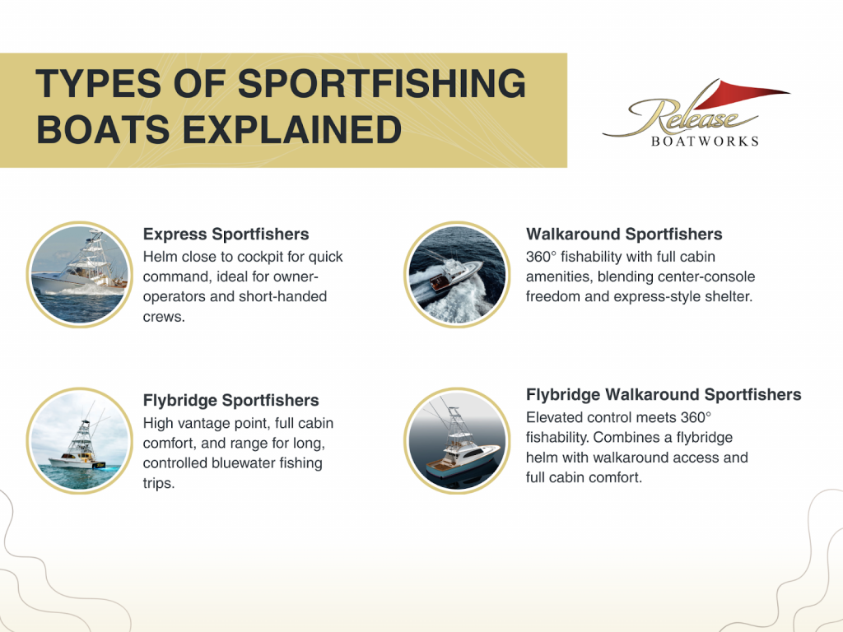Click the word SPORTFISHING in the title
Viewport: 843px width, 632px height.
[x=381, y=84]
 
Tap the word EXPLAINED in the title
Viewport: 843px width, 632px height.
[x=292, y=130]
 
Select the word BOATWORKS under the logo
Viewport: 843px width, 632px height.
[x=705, y=142]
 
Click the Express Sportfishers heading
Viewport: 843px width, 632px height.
[x=226, y=235]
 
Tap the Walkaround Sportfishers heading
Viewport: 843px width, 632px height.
[x=624, y=235]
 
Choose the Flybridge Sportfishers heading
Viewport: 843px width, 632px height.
[x=231, y=401]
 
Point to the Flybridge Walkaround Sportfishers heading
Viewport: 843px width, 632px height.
[x=664, y=395]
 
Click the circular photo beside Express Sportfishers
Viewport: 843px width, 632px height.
[x=80, y=274]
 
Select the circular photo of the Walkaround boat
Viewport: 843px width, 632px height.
[x=457, y=274]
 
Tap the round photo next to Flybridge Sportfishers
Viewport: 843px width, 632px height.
[x=80, y=441]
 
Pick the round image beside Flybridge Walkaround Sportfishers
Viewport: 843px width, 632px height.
[x=457, y=441]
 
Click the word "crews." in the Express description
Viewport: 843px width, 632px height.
[x=164, y=317]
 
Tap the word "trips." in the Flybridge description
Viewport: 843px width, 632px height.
[x=159, y=483]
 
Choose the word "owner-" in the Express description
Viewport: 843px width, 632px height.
[x=296, y=276]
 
